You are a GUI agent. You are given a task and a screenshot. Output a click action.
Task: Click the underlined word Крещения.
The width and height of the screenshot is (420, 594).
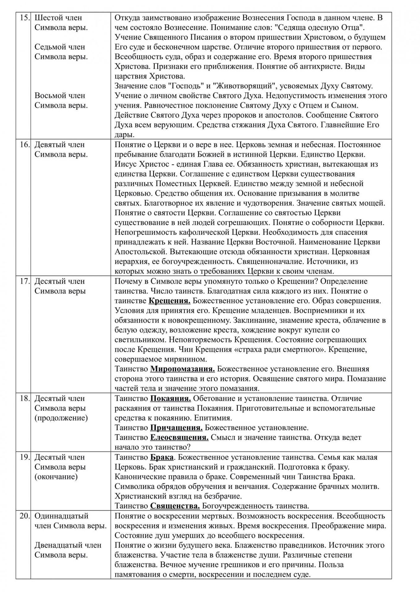tap(169, 301)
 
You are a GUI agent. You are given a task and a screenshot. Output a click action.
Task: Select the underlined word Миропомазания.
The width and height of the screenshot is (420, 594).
tap(182, 369)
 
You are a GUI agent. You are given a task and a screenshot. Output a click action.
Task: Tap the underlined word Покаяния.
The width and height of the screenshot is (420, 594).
tap(170, 399)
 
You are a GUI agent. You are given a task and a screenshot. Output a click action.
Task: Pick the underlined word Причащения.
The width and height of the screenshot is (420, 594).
tap(176, 428)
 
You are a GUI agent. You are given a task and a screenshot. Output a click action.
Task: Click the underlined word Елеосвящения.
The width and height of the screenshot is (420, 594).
tap(179, 438)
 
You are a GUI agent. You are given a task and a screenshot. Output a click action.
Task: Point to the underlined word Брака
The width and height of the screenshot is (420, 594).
tap(162, 457)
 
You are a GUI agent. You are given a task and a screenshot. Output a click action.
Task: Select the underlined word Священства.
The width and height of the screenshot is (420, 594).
tap(175, 506)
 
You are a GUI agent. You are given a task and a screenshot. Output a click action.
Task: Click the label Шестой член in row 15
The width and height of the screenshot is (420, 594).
tap(58, 18)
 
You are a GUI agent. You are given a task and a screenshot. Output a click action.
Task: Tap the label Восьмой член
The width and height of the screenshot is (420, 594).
tap(60, 96)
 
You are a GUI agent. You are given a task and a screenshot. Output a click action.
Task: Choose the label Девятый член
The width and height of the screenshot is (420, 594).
tap(59, 145)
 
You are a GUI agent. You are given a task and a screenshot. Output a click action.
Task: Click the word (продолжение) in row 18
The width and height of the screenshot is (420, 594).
tap(61, 418)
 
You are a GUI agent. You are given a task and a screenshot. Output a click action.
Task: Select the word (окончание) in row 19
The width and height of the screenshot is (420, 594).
tap(56, 477)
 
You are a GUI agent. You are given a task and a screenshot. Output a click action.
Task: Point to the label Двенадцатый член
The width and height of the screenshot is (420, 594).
tap(68, 545)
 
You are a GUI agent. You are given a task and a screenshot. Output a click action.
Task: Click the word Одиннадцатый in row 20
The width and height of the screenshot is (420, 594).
tap(61, 516)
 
